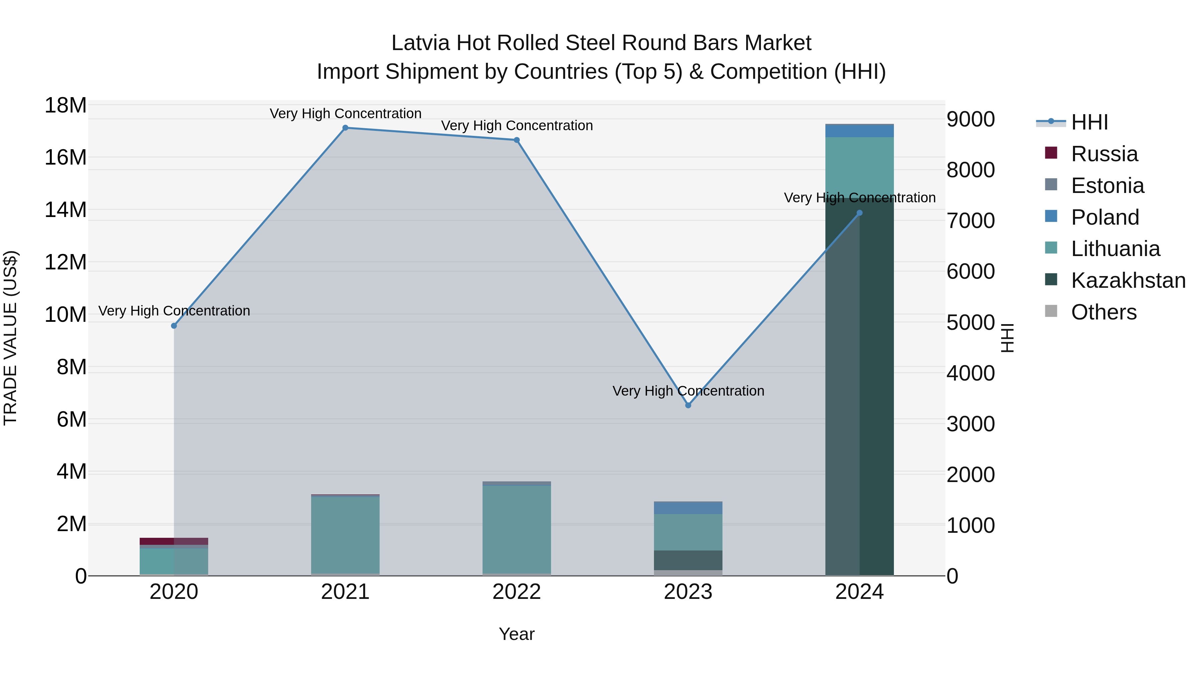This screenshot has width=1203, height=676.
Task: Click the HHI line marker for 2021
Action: tap(345, 128)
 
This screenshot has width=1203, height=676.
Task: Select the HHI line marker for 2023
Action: tap(688, 405)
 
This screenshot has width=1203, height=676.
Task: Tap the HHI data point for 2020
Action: tap(174, 325)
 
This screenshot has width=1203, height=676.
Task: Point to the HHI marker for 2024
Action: tap(859, 213)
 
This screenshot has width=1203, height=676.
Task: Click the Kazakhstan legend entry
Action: tap(1128, 281)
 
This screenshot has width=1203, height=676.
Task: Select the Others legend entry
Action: tap(1103, 312)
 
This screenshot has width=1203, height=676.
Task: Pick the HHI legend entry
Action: tap(1089, 122)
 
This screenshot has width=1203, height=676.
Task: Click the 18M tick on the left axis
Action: tap(65, 105)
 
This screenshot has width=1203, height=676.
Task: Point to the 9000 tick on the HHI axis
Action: tap(970, 120)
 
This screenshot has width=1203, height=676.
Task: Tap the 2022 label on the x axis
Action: tap(517, 592)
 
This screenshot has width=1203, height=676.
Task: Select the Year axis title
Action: tap(517, 634)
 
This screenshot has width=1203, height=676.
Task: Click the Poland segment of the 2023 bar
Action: tap(688, 507)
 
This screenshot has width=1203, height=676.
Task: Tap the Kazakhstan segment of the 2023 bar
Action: tap(688, 560)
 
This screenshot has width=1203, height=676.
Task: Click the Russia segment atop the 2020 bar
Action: tap(174, 541)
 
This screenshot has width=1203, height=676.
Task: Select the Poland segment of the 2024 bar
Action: tap(859, 131)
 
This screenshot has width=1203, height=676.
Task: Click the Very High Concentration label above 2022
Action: tap(517, 126)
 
